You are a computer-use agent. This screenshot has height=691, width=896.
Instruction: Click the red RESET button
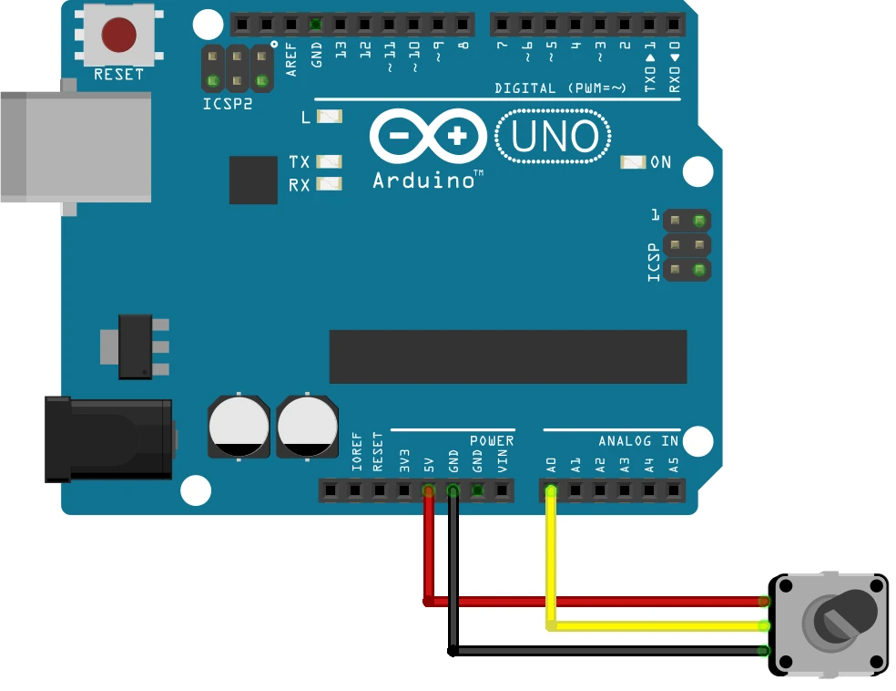point(118,35)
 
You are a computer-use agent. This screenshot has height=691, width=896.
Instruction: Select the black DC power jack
point(109,439)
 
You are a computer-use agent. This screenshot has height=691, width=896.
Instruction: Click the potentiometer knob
point(841,614)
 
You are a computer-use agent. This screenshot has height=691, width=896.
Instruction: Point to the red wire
point(592,602)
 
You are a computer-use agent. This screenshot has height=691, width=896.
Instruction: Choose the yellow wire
point(656,626)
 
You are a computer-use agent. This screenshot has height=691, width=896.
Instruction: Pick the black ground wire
point(601,651)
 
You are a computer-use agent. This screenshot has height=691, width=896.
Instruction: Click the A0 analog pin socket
point(551,491)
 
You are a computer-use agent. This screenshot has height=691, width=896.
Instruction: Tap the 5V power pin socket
point(428,491)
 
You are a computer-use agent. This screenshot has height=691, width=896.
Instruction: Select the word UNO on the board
point(554,137)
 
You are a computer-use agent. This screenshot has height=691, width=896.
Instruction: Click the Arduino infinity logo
point(428,137)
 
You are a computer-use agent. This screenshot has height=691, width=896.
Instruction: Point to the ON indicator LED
point(632,162)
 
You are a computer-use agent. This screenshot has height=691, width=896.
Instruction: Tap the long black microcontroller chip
point(507,356)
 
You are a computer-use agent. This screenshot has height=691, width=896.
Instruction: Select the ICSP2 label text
point(228,104)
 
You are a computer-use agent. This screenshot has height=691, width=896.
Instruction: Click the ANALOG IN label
point(638,441)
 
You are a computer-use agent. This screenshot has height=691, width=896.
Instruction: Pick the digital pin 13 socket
point(341,24)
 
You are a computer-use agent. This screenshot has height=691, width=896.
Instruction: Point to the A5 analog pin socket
point(674,491)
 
